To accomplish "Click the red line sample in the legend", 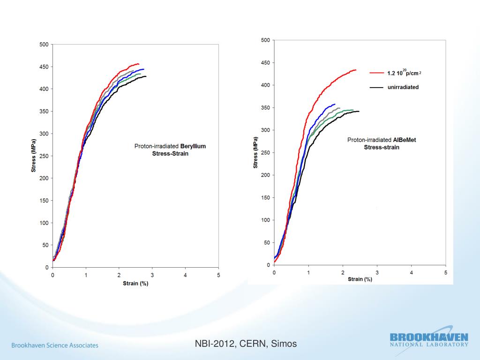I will (x=377, y=73).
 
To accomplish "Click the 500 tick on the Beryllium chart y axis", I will (x=44, y=45).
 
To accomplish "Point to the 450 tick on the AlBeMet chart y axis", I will (x=265, y=63).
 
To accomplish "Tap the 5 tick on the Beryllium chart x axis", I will (x=218, y=275).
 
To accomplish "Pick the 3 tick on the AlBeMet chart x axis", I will (x=377, y=272).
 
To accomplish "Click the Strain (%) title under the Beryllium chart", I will (x=135, y=283).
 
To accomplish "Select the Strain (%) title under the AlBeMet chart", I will (x=360, y=279).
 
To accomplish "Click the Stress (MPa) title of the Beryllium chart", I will (x=34, y=156).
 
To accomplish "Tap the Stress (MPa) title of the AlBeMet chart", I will (x=255, y=152).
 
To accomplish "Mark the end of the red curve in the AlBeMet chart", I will (x=356, y=70).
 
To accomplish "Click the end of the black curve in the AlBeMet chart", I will (x=359, y=112).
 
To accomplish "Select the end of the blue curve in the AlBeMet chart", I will (x=335, y=105).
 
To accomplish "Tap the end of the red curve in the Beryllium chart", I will (x=139, y=64).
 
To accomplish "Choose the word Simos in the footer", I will (x=284, y=344).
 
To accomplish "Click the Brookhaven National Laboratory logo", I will (x=428, y=339).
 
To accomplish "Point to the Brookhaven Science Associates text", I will (x=55, y=345).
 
